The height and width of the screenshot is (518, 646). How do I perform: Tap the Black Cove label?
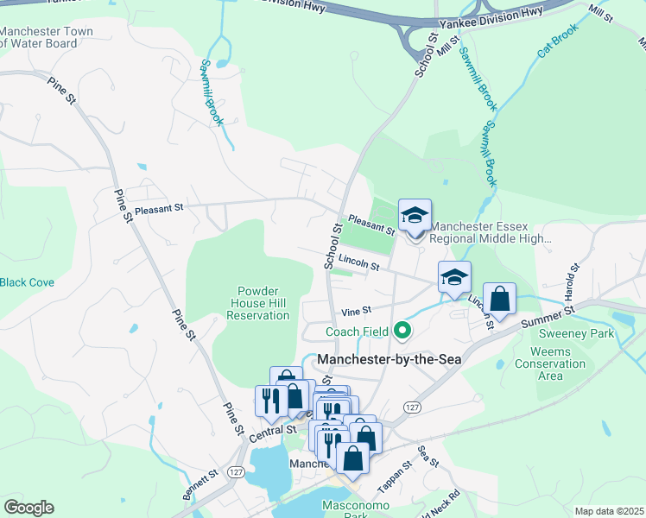[x=27, y=282]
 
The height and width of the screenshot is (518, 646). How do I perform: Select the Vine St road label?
[x=356, y=311]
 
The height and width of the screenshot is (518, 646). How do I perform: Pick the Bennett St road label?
[x=200, y=477]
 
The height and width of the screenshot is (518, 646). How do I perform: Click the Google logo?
[x=28, y=508]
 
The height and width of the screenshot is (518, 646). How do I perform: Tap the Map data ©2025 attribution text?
[x=608, y=511]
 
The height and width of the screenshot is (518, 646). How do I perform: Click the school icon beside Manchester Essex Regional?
[x=415, y=216]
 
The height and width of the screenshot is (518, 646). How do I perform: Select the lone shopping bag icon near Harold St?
[x=499, y=300]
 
